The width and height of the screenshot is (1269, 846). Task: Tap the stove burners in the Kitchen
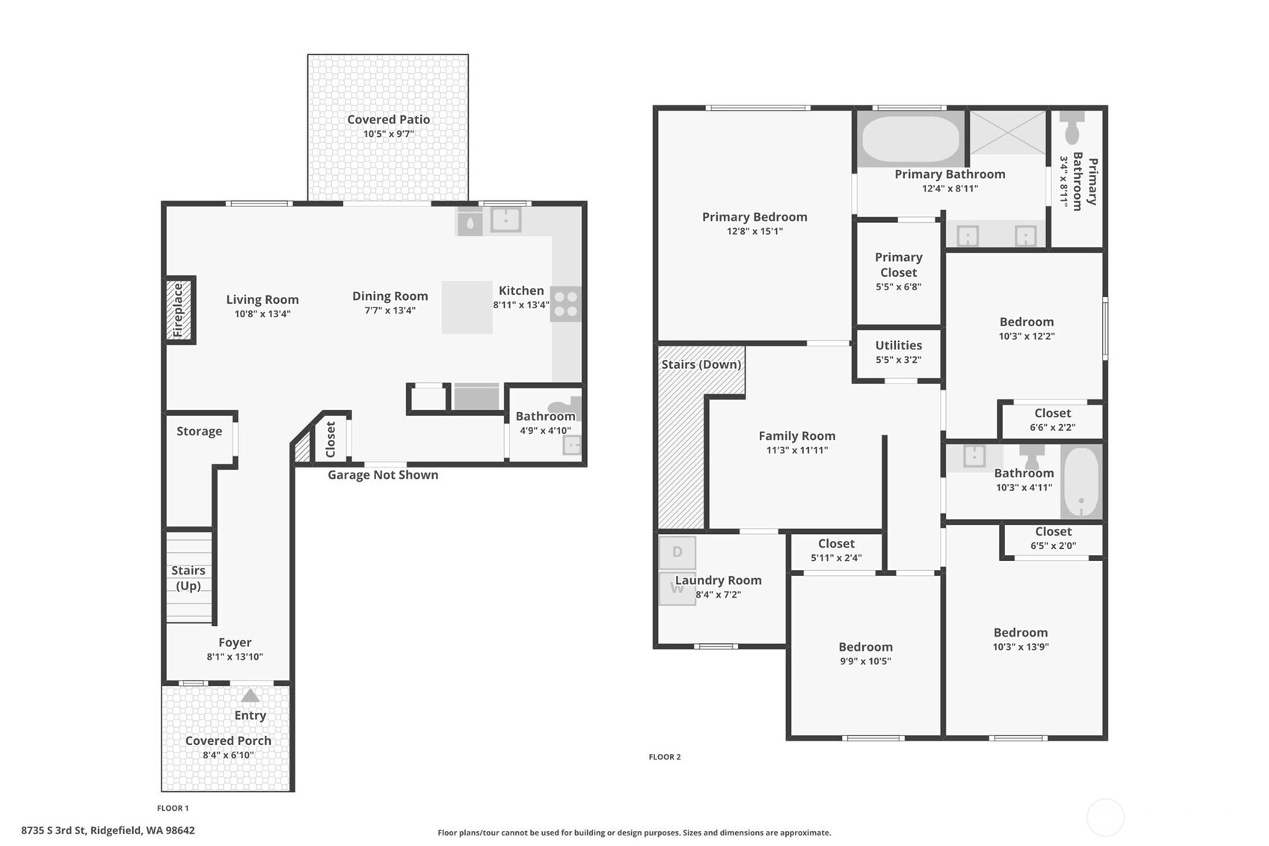coord(565,304)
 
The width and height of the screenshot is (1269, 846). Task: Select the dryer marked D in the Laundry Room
coord(677,552)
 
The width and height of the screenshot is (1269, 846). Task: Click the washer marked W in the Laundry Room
coord(677,589)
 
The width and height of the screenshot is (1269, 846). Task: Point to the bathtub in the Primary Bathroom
coord(910,139)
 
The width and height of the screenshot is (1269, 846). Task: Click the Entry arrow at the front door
coord(251,695)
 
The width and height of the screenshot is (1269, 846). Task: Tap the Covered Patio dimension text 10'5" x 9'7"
coord(389,135)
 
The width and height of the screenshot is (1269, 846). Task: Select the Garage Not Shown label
coord(383,475)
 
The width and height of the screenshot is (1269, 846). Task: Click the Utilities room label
coord(899,345)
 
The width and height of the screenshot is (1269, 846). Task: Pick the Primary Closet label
coord(899,265)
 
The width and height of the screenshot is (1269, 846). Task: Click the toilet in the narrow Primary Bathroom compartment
coord(1072,128)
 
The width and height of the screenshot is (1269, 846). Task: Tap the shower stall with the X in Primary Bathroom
coord(1007,132)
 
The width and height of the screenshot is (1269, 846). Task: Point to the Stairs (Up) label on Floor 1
coord(188,578)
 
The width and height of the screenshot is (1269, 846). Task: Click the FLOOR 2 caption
coord(665,757)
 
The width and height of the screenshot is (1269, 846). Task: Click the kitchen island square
coord(467,307)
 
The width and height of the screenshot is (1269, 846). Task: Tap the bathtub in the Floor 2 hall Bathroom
coord(1081,482)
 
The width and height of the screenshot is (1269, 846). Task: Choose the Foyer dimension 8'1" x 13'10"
coord(235,658)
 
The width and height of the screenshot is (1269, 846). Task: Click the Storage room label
coord(200,431)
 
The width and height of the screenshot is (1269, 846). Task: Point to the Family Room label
coord(797,436)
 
